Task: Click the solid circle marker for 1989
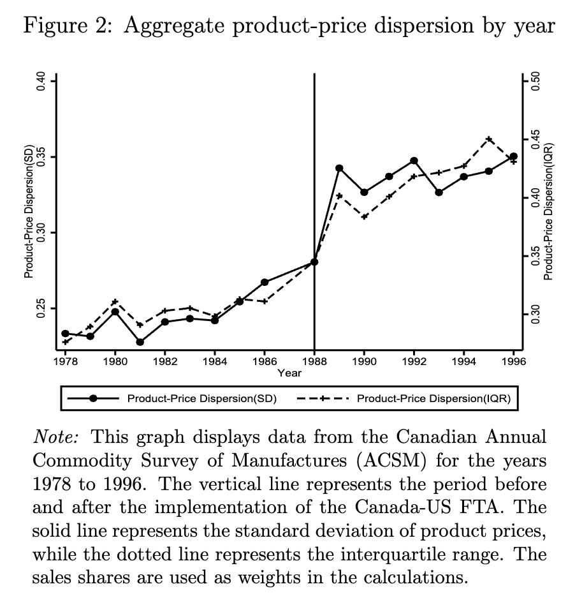[339, 168]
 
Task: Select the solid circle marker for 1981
[140, 342]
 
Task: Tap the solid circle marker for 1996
[513, 156]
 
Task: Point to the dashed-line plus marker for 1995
[489, 139]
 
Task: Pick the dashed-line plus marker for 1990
[364, 217]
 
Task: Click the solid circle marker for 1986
[265, 282]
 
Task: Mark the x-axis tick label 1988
[314, 361]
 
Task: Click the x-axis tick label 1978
[65, 361]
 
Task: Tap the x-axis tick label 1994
[463, 361]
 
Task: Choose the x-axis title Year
[289, 373]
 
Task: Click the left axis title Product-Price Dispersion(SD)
[29, 211]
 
